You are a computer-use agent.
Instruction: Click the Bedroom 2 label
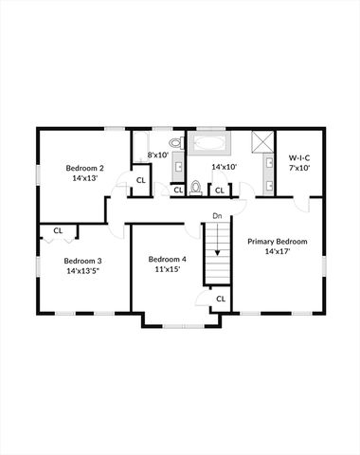pos(85,168)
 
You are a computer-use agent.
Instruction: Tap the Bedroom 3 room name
pos(83,261)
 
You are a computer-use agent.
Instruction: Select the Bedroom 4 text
pos(167,259)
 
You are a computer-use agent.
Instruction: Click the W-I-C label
pos(299,158)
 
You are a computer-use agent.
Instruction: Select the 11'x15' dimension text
pos(167,269)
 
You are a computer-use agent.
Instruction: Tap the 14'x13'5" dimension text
pos(83,271)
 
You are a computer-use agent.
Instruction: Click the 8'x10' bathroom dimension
pos(157,155)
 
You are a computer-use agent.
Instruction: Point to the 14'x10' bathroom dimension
pos(224,167)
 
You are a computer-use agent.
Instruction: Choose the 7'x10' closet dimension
pos(299,168)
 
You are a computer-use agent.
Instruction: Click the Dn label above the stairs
pos(217,216)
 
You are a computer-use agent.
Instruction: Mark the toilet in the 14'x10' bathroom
pos(196,187)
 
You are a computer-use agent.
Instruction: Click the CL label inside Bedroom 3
pos(58,229)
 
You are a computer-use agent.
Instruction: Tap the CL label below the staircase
pos(220,299)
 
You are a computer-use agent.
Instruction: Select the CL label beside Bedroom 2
pos(140,180)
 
